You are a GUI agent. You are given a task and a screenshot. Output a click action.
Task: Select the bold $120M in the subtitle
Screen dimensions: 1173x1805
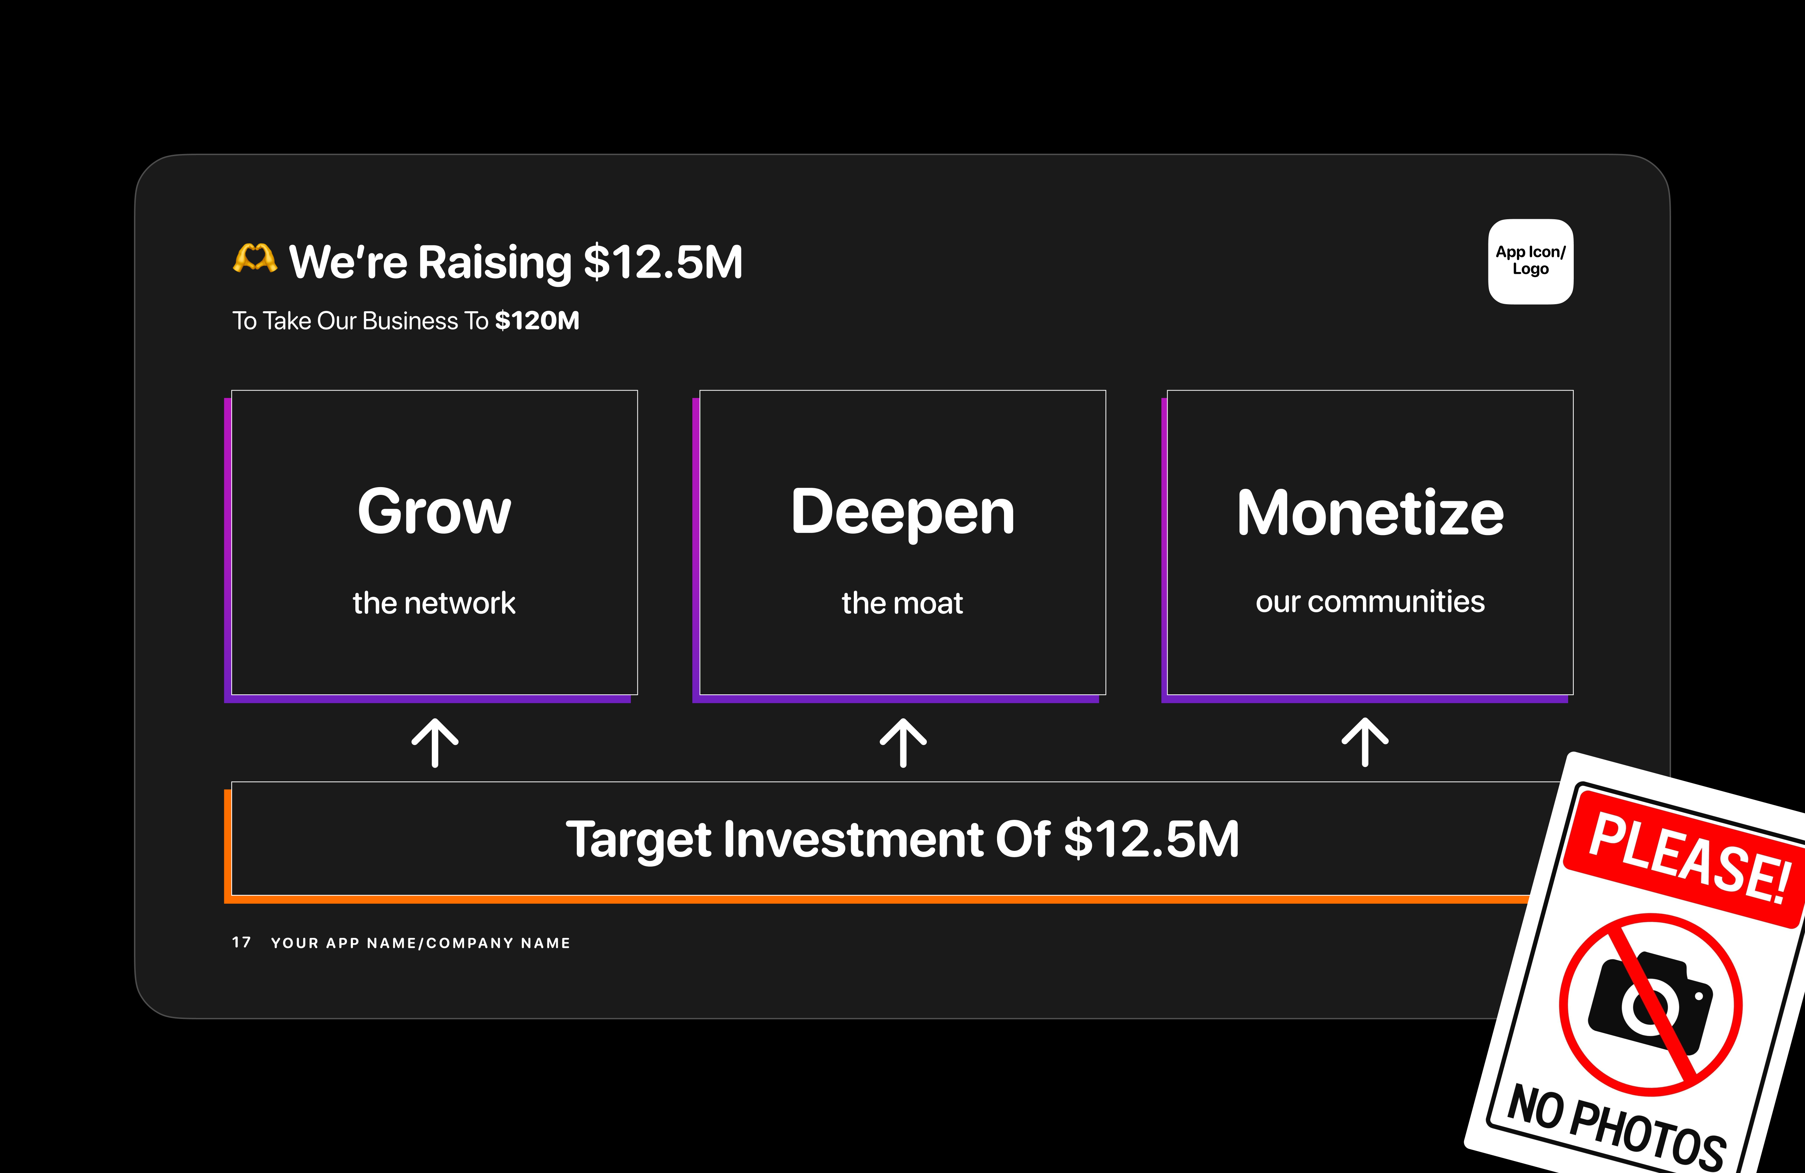(537, 321)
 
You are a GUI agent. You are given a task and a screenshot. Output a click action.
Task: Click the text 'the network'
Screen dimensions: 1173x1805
(434, 603)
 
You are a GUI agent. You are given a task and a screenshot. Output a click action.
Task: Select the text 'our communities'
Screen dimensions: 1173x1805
(1370, 601)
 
